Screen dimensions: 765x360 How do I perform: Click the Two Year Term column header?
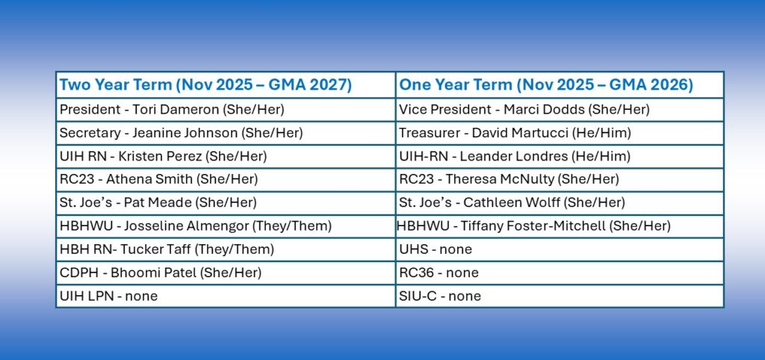226,85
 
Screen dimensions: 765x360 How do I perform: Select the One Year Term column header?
560,85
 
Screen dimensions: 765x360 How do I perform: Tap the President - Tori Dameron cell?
226,110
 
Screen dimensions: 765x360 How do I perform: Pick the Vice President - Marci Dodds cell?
560,110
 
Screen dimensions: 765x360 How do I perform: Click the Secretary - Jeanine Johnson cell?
226,133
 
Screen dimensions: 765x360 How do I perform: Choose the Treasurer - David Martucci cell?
560,133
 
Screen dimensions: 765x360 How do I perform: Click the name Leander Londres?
513,157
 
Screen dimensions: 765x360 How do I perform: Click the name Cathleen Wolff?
511,202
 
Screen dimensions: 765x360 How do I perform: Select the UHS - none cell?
560,249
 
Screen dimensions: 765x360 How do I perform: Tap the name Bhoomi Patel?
153,273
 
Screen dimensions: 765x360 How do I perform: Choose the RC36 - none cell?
560,273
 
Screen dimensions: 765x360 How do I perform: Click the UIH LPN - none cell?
226,296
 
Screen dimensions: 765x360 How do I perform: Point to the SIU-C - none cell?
560,296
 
